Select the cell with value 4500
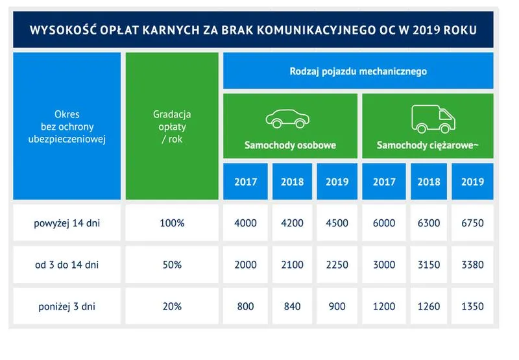click(x=337, y=223)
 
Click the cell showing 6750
click(x=472, y=223)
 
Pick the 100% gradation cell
click(x=172, y=223)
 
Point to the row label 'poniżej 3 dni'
click(x=67, y=306)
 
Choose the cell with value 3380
click(x=472, y=265)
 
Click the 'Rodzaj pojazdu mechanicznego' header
click(x=358, y=71)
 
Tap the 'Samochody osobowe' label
click(x=290, y=145)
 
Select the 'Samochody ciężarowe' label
click(x=428, y=145)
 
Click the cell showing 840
click(x=292, y=306)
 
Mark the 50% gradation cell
click(x=172, y=265)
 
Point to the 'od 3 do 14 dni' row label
click(x=67, y=265)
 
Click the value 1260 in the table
click(x=429, y=306)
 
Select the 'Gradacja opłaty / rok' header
click(x=172, y=126)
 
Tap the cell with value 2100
click(x=292, y=265)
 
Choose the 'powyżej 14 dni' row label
click(x=67, y=223)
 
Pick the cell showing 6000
click(x=384, y=223)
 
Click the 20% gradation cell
click(x=172, y=306)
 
